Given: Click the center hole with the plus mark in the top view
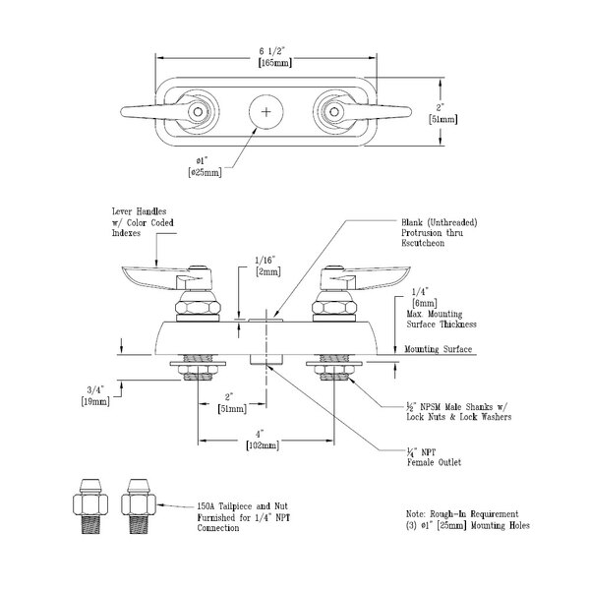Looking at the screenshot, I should tap(265, 113).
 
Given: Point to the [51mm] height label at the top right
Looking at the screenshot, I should tap(442, 120).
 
